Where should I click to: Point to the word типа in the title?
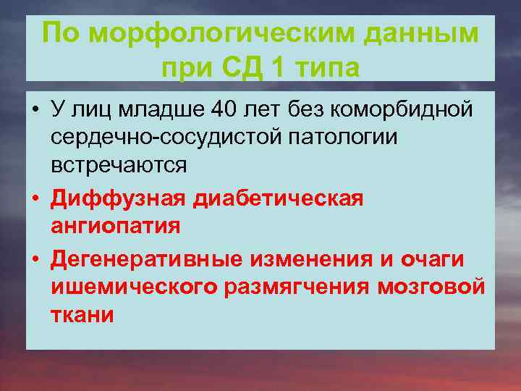coord(327,68)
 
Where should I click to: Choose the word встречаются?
coord(119,164)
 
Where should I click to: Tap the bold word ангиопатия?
coord(116,226)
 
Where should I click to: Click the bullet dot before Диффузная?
coord(35,198)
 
